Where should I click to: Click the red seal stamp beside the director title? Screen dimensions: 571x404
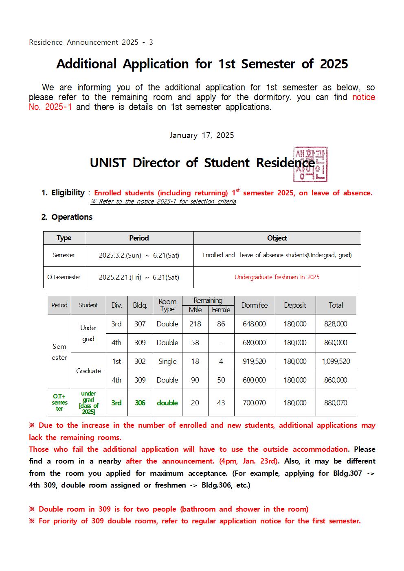click(x=310, y=164)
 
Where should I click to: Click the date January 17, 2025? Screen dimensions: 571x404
click(x=202, y=136)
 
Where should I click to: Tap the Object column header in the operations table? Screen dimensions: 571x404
click(x=277, y=238)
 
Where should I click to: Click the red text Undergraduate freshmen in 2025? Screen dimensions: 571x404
click(x=277, y=277)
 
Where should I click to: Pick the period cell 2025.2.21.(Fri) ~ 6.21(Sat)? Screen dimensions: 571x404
click(x=139, y=277)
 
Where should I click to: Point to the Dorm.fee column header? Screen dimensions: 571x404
click(x=254, y=305)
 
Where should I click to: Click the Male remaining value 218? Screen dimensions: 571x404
click(x=195, y=324)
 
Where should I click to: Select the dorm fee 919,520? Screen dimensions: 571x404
click(x=254, y=361)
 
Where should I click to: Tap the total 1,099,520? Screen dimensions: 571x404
click(x=336, y=361)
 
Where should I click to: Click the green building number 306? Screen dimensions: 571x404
click(x=140, y=403)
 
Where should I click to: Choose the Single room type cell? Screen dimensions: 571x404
click(x=167, y=361)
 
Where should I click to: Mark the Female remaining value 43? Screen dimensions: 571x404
click(x=221, y=403)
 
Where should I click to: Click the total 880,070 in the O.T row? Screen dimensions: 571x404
click(x=336, y=403)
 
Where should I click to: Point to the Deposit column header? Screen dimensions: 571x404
click(x=295, y=305)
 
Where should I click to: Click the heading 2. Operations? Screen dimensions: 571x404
click(x=67, y=217)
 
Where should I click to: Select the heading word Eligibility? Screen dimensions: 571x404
click(x=68, y=193)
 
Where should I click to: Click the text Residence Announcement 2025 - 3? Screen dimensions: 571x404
click(x=91, y=42)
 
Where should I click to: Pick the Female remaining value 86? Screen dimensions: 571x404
click(x=221, y=324)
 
